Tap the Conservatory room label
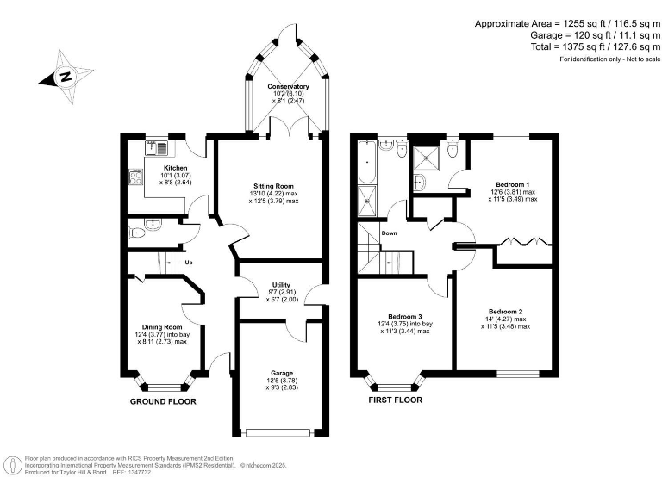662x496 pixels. click(x=288, y=87)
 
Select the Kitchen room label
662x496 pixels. click(x=176, y=168)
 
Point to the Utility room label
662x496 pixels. click(x=281, y=285)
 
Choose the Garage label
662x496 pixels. click(x=281, y=373)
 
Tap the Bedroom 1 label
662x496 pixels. click(x=512, y=184)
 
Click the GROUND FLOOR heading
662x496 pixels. click(x=163, y=401)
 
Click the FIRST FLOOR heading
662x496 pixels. click(x=396, y=400)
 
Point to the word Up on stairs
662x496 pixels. click(x=188, y=263)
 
